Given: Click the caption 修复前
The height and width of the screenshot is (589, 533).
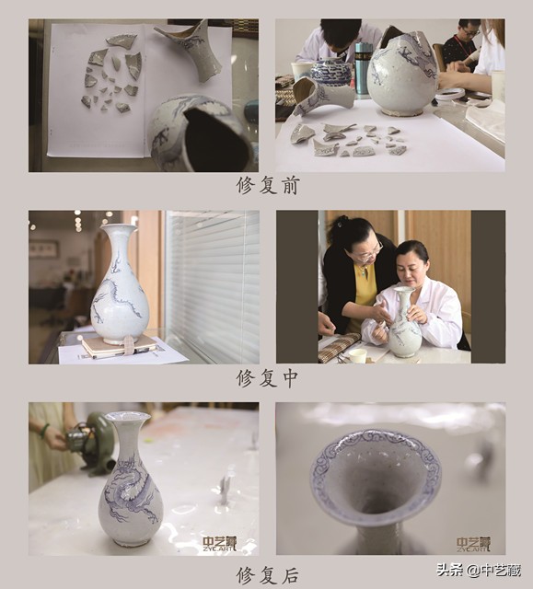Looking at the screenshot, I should [x=266, y=185].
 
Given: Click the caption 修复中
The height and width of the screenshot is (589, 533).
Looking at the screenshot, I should [x=266, y=377].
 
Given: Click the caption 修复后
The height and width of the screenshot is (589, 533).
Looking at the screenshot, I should [x=266, y=575].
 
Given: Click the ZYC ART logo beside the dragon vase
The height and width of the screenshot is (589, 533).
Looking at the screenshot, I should [x=220, y=544].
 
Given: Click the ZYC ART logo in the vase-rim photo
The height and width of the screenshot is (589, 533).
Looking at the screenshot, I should [x=473, y=544].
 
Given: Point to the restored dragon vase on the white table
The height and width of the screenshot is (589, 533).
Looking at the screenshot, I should [x=130, y=483].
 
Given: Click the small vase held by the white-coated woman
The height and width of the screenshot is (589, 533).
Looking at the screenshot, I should [x=404, y=327].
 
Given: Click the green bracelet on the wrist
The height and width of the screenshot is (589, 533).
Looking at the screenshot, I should [x=45, y=430].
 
